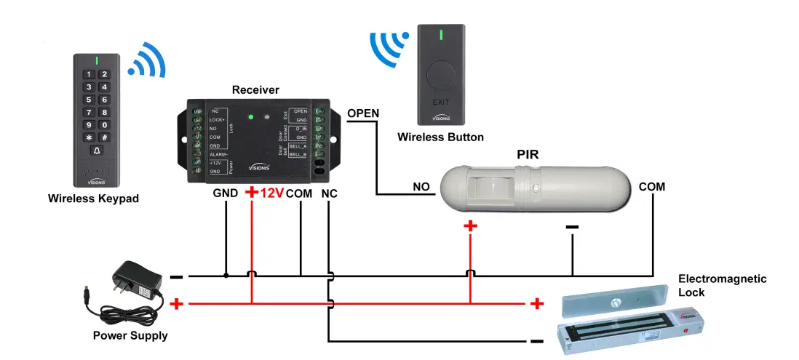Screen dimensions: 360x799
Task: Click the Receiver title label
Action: [255, 90]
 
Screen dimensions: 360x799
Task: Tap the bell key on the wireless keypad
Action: [96, 151]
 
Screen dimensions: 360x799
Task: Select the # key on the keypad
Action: [104, 137]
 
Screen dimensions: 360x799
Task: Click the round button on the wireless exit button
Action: [441, 75]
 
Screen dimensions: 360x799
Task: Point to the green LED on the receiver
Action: [250, 116]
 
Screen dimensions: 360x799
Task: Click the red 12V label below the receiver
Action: [271, 193]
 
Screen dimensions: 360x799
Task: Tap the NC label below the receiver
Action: [329, 193]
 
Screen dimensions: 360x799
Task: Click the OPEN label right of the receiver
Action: [363, 113]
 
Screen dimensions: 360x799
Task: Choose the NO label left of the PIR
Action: [421, 187]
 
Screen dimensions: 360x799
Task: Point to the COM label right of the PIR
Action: [651, 187]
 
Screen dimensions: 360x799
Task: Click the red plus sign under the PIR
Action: [470, 226]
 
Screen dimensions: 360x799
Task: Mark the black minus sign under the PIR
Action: [572, 228]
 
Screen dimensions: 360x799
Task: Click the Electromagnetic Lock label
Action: [722, 286]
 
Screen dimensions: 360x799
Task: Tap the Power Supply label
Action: [130, 336]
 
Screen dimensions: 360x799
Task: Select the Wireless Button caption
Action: [440, 137]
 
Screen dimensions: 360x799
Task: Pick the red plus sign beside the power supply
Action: [175, 304]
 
